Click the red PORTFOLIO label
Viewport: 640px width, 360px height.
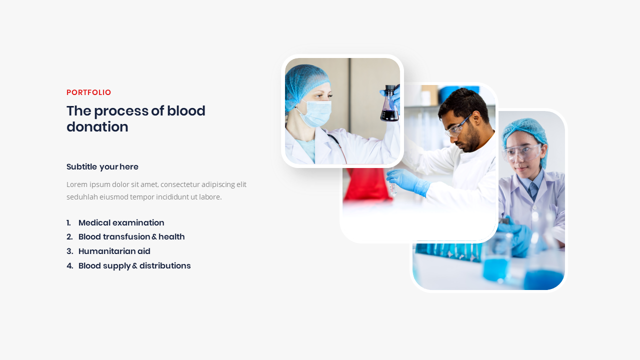click(88, 92)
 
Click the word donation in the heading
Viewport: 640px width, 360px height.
click(97, 127)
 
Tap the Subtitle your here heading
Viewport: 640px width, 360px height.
click(102, 167)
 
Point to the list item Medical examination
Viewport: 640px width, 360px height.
click(121, 223)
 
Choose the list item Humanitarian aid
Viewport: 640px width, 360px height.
click(114, 251)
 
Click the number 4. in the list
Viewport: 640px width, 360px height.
click(69, 266)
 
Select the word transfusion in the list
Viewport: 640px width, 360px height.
click(126, 237)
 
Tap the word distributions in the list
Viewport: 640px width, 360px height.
click(165, 266)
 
